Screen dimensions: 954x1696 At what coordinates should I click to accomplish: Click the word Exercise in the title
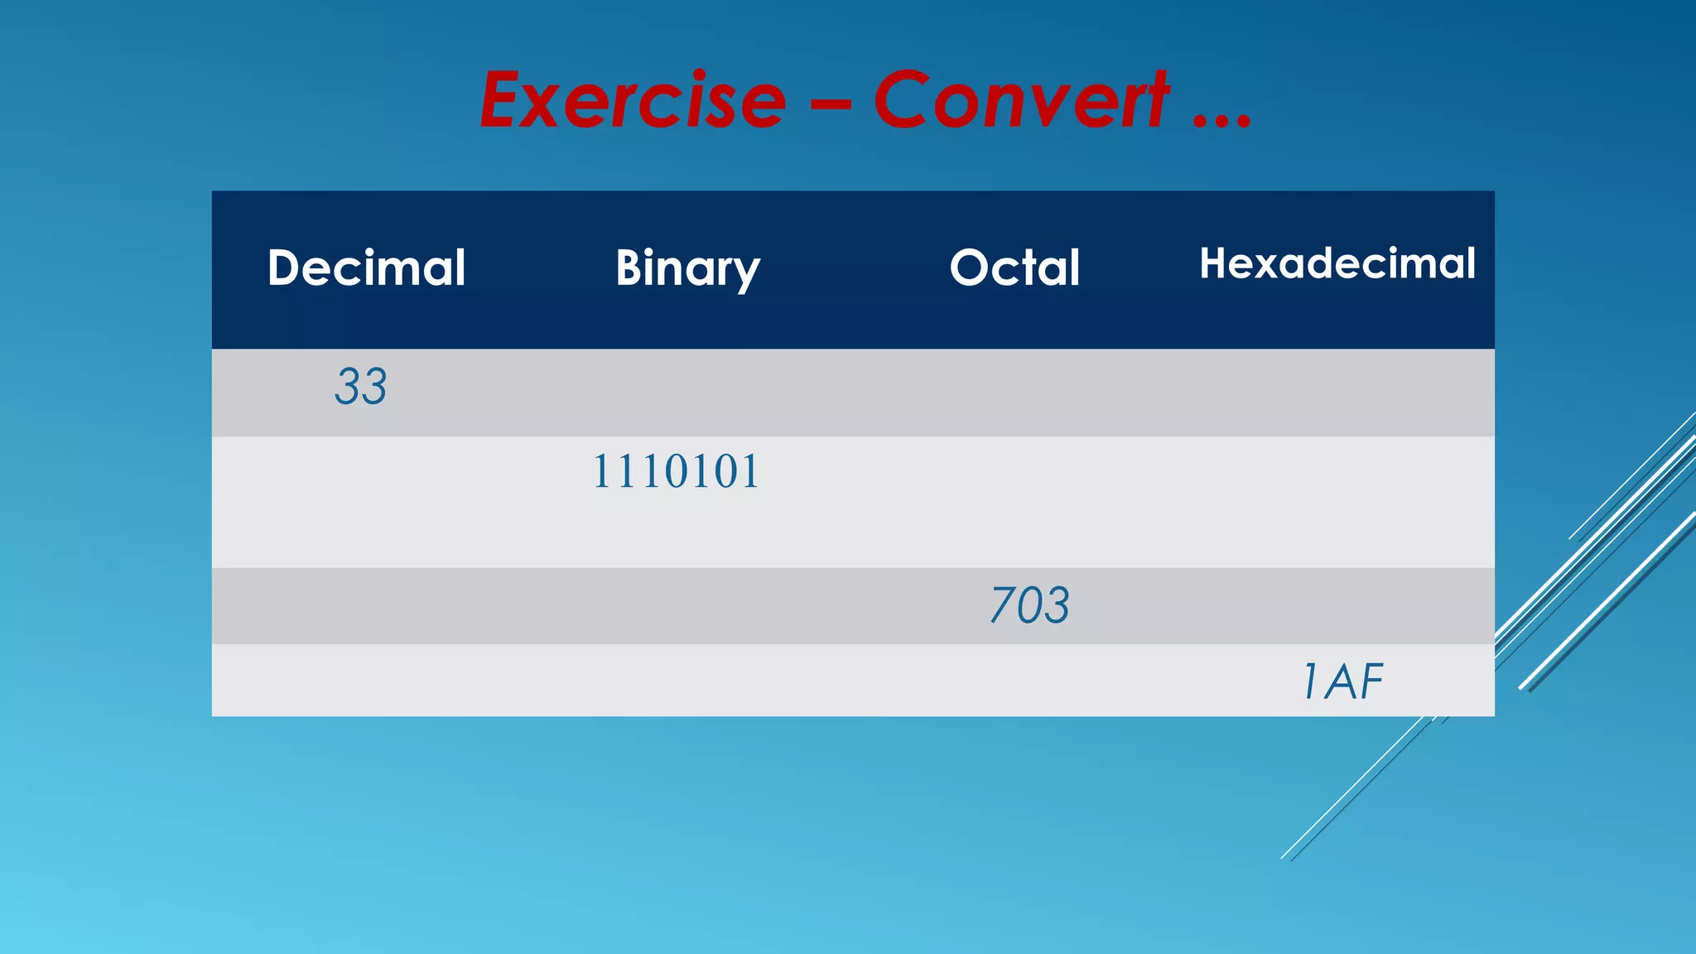click(x=634, y=101)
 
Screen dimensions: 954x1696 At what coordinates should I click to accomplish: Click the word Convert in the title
click(x=1021, y=101)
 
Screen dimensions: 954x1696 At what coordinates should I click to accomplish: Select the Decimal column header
click(x=366, y=267)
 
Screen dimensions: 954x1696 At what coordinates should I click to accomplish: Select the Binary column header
click(x=687, y=267)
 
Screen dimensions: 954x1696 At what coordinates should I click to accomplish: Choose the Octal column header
click(x=1014, y=267)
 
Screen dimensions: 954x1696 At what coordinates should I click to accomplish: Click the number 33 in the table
click(x=361, y=387)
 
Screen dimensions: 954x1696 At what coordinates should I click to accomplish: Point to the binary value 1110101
click(x=676, y=472)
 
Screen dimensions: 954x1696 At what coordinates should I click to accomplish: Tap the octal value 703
click(x=1030, y=605)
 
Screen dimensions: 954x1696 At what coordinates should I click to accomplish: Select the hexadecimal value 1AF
click(x=1342, y=682)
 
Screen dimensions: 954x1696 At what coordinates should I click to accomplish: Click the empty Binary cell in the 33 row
click(x=687, y=393)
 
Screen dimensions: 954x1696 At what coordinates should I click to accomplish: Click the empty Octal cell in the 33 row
click(x=1014, y=393)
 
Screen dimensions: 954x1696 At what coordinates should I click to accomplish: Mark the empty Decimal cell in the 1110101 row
click(x=366, y=502)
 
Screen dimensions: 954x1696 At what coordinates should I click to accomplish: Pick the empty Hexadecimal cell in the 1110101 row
click(x=1337, y=502)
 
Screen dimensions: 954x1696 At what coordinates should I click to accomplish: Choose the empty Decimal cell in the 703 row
click(x=366, y=605)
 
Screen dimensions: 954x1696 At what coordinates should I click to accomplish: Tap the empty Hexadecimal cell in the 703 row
click(x=1337, y=605)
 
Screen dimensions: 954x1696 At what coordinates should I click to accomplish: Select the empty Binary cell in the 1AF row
click(x=687, y=681)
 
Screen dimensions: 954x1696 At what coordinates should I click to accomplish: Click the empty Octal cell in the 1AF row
click(x=1014, y=681)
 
